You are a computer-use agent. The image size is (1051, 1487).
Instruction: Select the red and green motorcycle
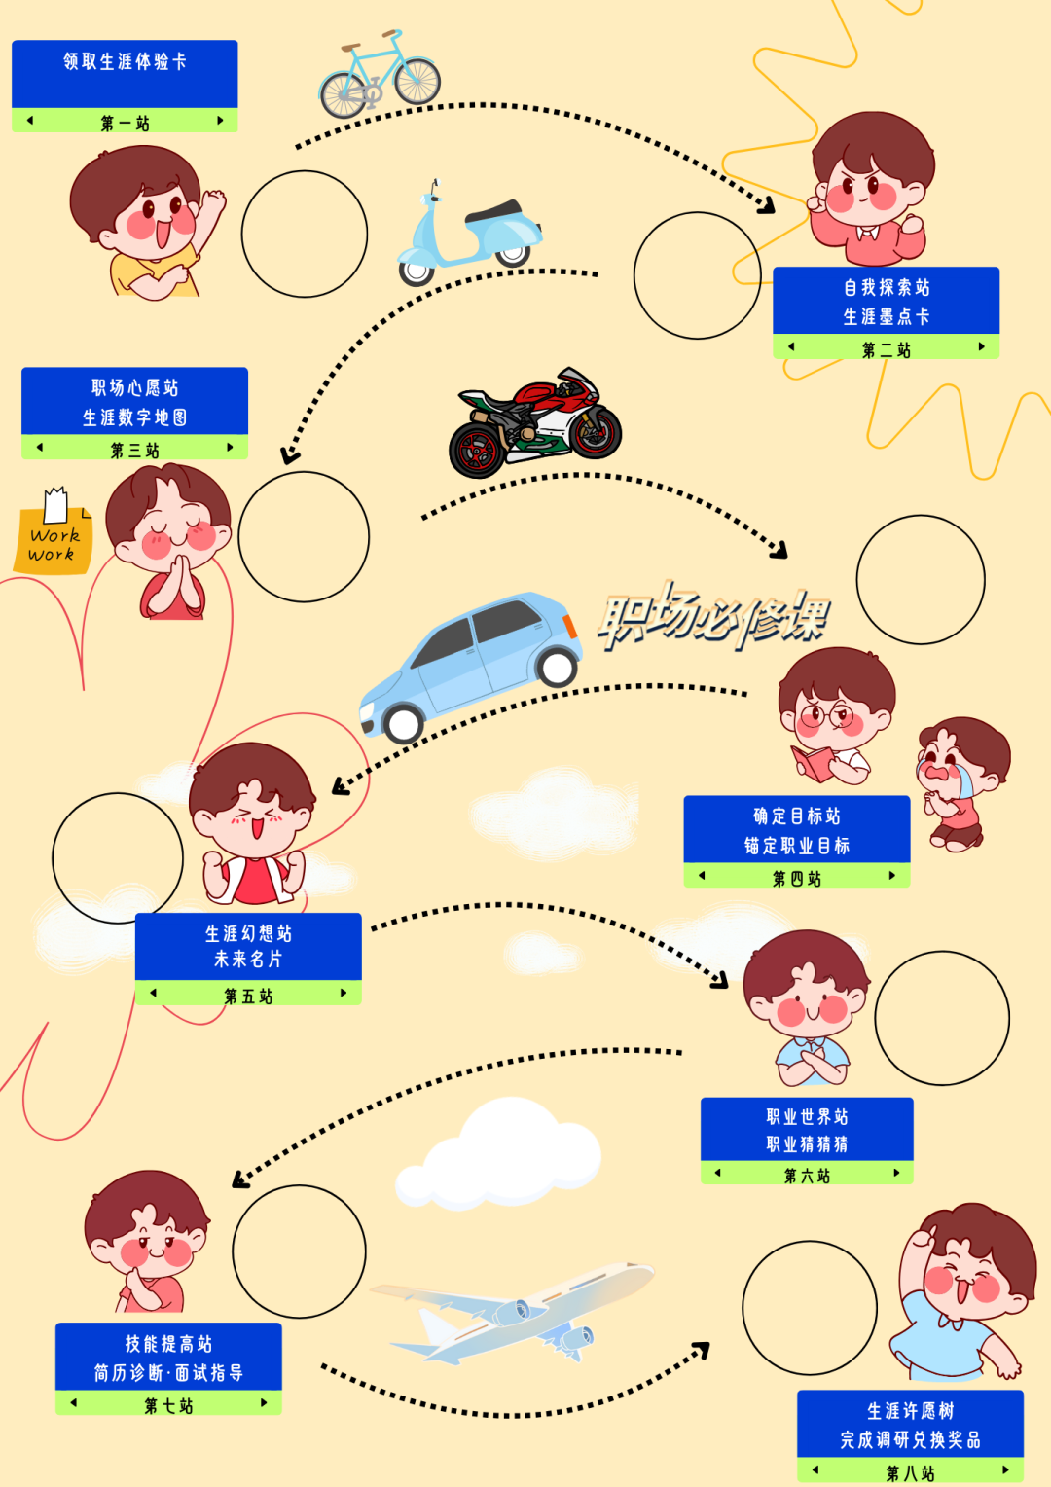[x=534, y=424]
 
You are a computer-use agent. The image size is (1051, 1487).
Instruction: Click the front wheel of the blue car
[x=404, y=723]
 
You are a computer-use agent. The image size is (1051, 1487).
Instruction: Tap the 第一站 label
[x=125, y=123]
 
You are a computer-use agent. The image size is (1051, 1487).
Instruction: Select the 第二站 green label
[x=886, y=349]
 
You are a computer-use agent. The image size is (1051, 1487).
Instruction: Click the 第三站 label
[x=134, y=450]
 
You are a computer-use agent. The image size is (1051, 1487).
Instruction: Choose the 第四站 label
[x=796, y=878]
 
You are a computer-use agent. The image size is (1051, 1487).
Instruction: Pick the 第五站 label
[x=248, y=996]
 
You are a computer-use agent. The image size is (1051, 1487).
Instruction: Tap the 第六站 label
[x=807, y=1176]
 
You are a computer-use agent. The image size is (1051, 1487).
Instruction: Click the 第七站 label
[x=168, y=1405]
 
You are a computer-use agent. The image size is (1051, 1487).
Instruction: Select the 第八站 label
[x=910, y=1473]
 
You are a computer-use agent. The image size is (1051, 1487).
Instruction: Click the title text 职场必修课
[x=714, y=619]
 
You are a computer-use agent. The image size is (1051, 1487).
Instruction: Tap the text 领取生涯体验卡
[x=125, y=61]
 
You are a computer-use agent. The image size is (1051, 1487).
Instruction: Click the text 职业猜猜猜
[x=807, y=1144]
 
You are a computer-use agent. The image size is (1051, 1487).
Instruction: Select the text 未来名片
[x=248, y=960]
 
